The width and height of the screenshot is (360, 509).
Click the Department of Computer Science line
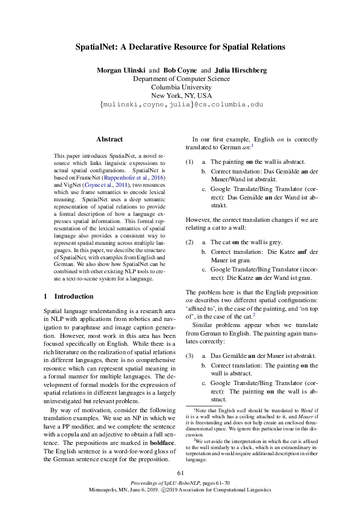click(x=180, y=79)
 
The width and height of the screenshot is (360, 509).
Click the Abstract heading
click(x=110, y=139)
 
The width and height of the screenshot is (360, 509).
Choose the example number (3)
click(x=189, y=356)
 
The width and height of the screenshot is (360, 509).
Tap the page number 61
click(x=180, y=472)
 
